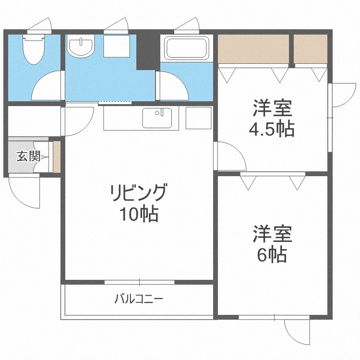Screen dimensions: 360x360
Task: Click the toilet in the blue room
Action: click(x=34, y=50)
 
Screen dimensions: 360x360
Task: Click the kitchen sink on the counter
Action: click(x=157, y=118)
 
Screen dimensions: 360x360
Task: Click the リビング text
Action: click(x=138, y=193)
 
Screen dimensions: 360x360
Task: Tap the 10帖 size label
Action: click(x=139, y=214)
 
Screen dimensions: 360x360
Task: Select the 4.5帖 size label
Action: click(x=272, y=129)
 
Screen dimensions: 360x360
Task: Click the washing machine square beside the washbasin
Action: click(x=116, y=47)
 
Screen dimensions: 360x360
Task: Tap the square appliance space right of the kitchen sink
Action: click(x=198, y=118)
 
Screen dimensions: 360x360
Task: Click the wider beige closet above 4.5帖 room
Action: click(x=253, y=48)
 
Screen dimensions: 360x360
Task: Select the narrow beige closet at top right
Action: click(x=310, y=48)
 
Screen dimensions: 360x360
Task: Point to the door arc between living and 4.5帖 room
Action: click(x=229, y=156)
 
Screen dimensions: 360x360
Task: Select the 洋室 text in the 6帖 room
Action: click(x=272, y=235)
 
